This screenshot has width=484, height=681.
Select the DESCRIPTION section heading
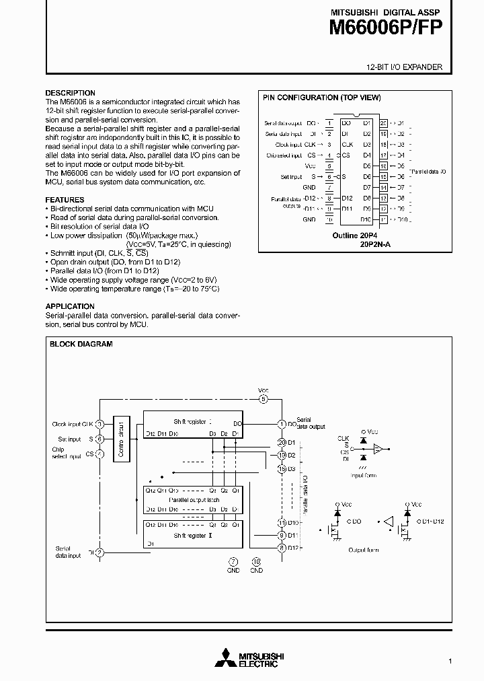coord(70,93)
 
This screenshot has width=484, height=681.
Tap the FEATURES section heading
coord(65,200)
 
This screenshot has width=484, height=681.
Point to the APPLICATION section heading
coord(70,306)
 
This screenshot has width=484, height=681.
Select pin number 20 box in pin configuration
coord(383,123)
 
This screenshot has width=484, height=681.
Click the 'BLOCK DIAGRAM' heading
coord(81,344)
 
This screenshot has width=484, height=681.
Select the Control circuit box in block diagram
coord(122,437)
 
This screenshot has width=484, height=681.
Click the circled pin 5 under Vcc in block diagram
coord(264,399)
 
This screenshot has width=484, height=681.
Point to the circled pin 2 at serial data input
coord(99,552)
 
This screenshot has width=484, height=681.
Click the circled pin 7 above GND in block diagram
coord(233,562)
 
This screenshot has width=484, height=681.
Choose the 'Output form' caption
coord(364,550)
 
